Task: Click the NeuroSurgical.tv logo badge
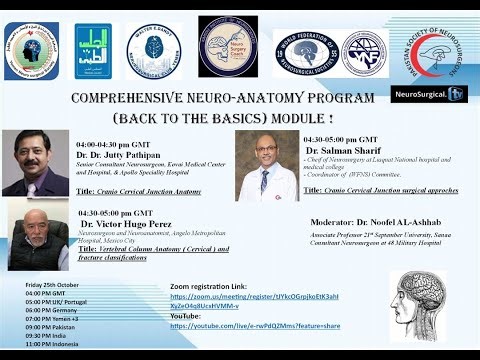click(416, 94)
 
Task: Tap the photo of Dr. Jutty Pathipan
click(35, 162)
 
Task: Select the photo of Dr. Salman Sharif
click(267, 165)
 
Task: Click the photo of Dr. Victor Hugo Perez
click(37, 239)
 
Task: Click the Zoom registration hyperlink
click(256, 302)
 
